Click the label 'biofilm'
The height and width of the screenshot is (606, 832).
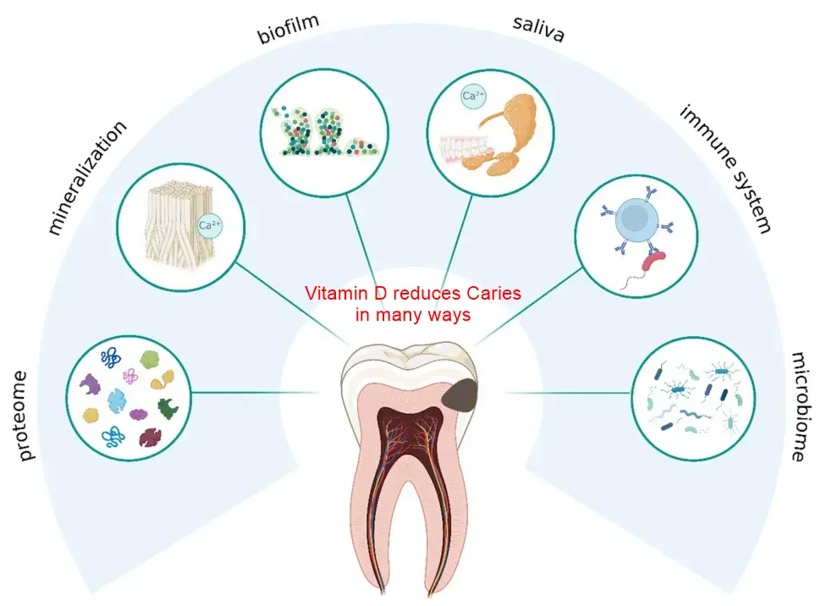click(289, 28)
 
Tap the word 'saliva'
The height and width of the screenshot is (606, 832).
click(538, 28)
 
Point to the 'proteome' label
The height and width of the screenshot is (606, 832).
click(26, 415)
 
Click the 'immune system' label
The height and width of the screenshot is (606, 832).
click(725, 169)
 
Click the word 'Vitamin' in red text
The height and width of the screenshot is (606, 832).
click(334, 295)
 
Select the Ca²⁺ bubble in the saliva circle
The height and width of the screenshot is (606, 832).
click(472, 96)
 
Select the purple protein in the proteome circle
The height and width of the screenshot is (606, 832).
click(90, 387)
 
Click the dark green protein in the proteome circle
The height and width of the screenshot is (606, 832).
click(169, 407)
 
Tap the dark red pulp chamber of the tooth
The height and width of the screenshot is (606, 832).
click(412, 423)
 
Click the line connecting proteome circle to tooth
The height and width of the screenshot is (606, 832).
click(254, 392)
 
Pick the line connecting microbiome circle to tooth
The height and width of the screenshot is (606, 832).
click(567, 393)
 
